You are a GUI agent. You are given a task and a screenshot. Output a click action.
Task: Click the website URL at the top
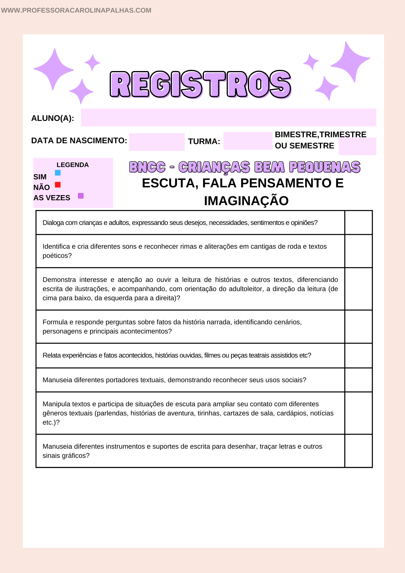pos(76,10)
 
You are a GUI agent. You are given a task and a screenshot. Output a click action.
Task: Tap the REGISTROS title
pos(200,84)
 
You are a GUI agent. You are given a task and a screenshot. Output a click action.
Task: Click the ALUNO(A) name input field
pos(228,117)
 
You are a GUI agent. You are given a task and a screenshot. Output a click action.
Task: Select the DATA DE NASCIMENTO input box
pos(157,142)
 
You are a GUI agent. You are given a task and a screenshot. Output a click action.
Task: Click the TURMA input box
pos(247,141)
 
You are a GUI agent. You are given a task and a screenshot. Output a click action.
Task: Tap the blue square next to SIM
pos(58,173)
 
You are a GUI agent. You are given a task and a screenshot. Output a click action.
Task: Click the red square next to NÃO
pos(58,185)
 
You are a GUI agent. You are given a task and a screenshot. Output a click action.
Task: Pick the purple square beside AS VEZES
pos(81,196)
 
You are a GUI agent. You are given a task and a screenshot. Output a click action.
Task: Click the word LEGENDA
pos(72,165)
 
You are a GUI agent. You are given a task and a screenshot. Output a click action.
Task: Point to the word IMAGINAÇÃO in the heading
pos(246,201)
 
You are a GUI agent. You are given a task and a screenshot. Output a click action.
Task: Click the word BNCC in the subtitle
pos(147,167)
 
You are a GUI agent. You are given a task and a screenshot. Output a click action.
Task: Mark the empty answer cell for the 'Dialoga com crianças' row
pos(358,223)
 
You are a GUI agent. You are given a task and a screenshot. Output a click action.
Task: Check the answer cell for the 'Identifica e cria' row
pos(358,251)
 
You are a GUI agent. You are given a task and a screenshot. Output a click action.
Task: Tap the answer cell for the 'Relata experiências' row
pos(358,356)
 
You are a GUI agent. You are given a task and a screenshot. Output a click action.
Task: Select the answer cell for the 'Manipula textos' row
pos(358,413)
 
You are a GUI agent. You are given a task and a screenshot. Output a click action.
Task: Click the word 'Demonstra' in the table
pos(59,280)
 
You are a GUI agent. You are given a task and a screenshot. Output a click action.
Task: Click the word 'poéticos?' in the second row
pos(57,256)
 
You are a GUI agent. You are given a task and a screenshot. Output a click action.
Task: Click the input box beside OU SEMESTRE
pos(357,146)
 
